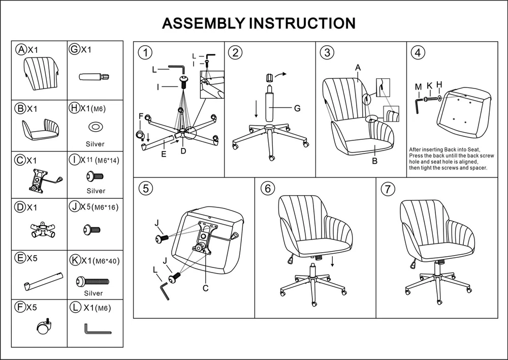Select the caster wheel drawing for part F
click(44, 327)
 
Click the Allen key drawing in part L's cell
click(97, 329)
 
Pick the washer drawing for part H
click(95, 126)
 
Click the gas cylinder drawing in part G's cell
click(94, 77)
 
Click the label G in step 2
click(297, 108)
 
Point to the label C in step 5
click(206, 288)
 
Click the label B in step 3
click(374, 161)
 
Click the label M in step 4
click(418, 86)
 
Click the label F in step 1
click(141, 116)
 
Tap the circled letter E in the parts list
click(21, 258)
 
